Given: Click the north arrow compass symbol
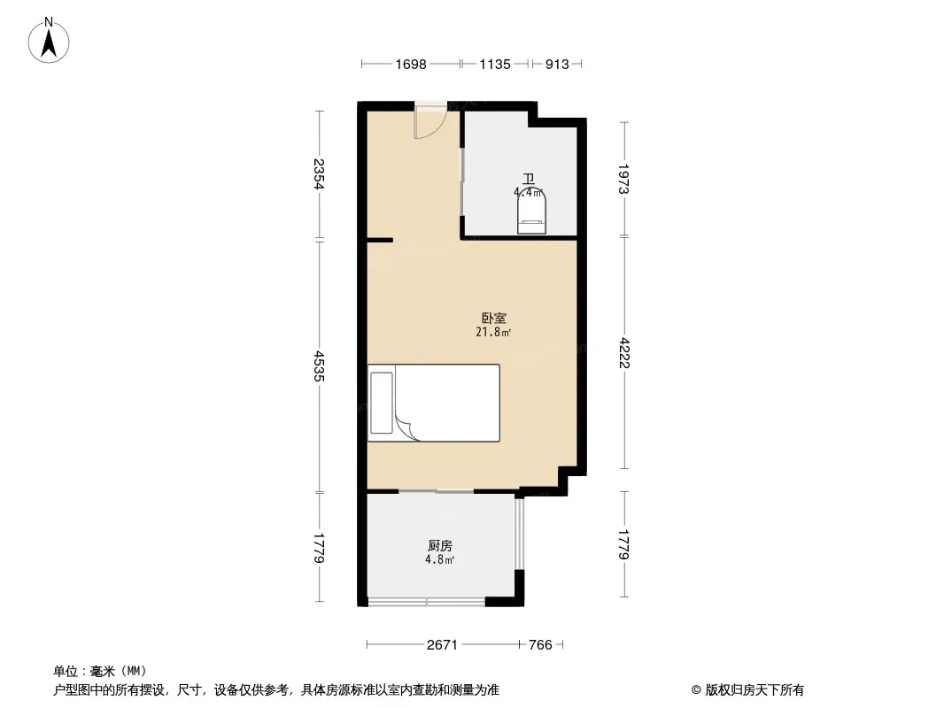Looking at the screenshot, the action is (49, 41).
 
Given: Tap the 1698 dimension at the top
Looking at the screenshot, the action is (411, 65).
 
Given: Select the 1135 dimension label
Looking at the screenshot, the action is (495, 65).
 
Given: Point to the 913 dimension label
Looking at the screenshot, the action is (557, 65).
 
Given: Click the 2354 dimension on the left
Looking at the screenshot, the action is (319, 173).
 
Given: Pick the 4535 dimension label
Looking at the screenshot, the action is (319, 366).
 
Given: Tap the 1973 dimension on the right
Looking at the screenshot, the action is (623, 179).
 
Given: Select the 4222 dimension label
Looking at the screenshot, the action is (623, 352).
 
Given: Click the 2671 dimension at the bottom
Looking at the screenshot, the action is (442, 645).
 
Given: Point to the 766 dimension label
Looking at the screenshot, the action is (540, 645).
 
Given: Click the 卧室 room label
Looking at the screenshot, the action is (493, 319).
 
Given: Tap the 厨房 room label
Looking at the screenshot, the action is (440, 545).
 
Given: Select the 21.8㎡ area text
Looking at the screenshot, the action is (493, 332).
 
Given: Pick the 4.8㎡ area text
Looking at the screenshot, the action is (439, 559).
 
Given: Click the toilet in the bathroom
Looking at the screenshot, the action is (531, 212).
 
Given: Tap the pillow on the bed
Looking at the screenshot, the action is (381, 403).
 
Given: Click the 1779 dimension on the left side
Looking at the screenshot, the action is (319, 548).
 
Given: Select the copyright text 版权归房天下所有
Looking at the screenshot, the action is (754, 690).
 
